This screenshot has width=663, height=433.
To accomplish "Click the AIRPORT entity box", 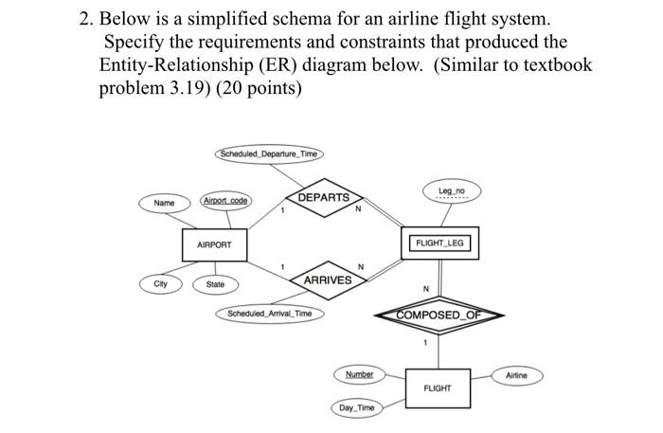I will pos(214,244).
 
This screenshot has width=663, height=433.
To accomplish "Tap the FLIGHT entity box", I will pos(437,388).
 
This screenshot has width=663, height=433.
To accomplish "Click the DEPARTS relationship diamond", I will pos(323,198).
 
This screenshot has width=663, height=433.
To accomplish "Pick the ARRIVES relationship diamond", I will pos(328,280).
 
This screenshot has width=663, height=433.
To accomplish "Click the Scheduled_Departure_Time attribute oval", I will pos(269,153).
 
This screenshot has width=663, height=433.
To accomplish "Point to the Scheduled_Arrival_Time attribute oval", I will pos(270,314).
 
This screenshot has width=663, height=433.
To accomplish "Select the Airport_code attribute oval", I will pos(225,201).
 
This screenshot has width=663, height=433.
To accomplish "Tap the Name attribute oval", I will pos(164,203).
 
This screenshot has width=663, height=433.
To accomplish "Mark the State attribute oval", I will pos(216,284).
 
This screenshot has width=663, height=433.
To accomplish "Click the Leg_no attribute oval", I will pos(452,192).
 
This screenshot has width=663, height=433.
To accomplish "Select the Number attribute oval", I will pos(359,374).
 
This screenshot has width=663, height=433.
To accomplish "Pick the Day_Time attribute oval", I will pos(357,408).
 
